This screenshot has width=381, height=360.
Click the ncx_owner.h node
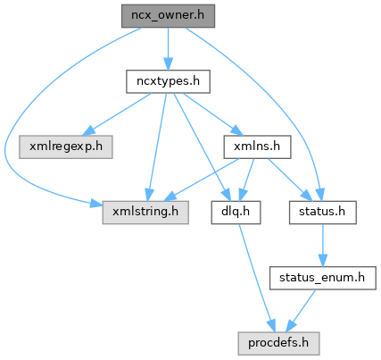(168, 16)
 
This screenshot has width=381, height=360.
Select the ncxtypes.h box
(168, 81)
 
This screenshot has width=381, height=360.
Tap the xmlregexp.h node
(66, 147)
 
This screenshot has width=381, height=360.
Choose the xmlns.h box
(257, 147)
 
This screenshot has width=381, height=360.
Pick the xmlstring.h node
(145, 213)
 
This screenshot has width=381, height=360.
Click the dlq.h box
(236, 213)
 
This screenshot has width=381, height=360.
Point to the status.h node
(323, 213)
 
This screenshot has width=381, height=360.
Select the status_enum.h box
(323, 278)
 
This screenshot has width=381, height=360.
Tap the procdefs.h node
(278, 343)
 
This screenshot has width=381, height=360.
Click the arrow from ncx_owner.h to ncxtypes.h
(168, 49)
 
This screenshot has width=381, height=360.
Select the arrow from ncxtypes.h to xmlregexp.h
(117, 114)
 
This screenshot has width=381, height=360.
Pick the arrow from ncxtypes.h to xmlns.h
(213, 114)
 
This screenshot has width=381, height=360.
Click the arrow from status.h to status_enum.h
(323, 246)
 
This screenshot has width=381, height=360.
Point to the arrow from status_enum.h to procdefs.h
(301, 311)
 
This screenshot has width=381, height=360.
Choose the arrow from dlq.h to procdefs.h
(257, 278)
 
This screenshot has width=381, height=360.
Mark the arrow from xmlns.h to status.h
(290, 180)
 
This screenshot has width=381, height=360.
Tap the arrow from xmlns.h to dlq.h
(246, 180)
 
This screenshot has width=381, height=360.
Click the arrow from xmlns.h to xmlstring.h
(202, 180)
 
